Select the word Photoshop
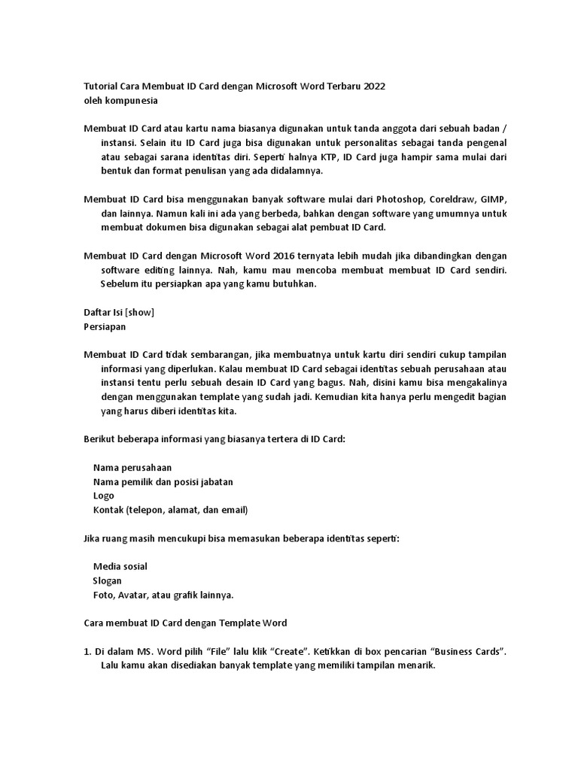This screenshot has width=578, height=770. click(x=400, y=199)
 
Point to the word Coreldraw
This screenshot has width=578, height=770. click(x=454, y=199)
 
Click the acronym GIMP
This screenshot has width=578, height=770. click(x=494, y=199)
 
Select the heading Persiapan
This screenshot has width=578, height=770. click(x=104, y=327)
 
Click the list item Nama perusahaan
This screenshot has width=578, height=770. click(x=132, y=468)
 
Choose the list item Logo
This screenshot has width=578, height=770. click(x=104, y=496)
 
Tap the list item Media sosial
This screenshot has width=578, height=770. click(x=120, y=566)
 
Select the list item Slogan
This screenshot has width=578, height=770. click(x=108, y=581)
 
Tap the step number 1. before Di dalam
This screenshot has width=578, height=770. click(x=87, y=651)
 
